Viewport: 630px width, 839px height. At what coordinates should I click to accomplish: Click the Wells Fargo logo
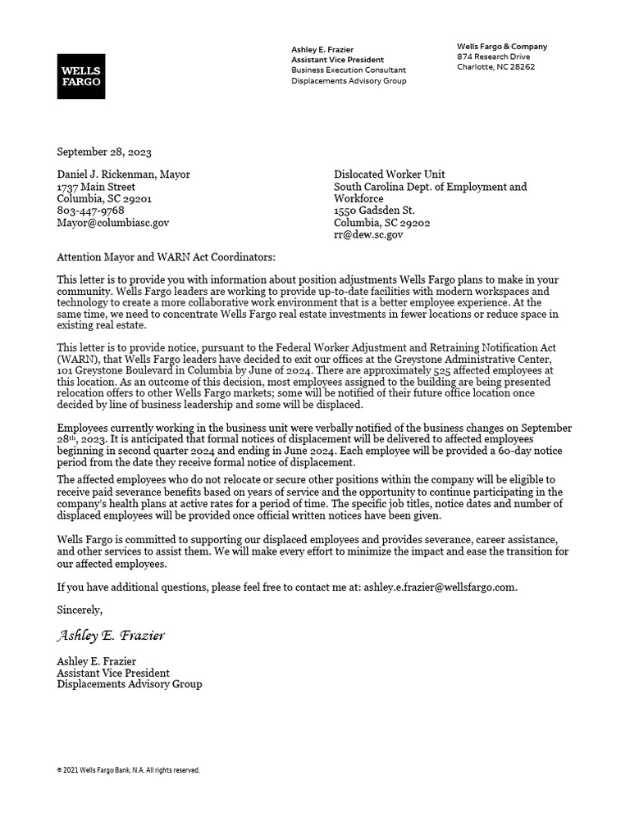(80, 76)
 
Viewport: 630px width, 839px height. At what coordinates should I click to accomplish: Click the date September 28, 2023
(104, 152)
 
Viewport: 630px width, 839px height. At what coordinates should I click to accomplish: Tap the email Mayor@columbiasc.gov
(112, 222)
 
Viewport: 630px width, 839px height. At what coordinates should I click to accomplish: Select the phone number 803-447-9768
(90, 211)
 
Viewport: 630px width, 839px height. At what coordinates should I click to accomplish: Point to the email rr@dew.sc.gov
(368, 234)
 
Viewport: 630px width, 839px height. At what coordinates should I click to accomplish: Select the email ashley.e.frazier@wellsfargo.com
(440, 587)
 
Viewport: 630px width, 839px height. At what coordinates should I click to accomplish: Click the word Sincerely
(80, 610)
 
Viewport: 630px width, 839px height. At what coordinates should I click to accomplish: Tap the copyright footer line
(128, 770)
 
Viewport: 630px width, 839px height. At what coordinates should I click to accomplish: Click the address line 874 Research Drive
(494, 57)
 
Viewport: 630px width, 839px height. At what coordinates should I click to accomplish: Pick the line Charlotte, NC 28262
(495, 67)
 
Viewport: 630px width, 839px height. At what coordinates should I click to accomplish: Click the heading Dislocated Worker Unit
(389, 175)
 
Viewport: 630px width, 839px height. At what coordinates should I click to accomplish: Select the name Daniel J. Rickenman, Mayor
(123, 175)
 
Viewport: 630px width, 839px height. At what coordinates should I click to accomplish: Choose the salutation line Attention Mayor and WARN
(160, 257)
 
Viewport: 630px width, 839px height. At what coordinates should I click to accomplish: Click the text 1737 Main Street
(96, 187)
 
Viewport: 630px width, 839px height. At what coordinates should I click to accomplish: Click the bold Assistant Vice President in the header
(337, 60)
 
